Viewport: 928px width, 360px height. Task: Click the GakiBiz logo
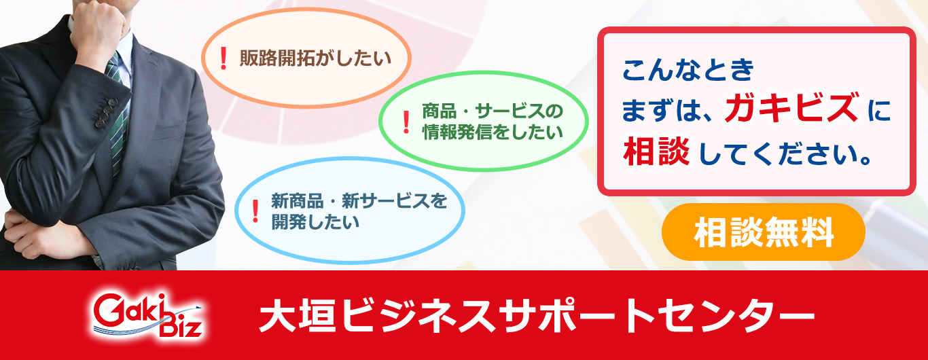tap(147, 316)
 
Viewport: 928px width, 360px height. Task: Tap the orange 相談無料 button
tap(763, 232)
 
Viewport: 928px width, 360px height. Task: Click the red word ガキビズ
tap(791, 108)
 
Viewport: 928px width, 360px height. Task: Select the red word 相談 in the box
tap(656, 151)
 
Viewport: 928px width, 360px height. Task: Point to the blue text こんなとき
tap(688, 69)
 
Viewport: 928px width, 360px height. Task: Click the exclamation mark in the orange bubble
tap(224, 58)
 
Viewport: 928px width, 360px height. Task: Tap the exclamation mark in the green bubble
tap(406, 122)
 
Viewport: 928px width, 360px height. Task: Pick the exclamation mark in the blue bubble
tap(255, 211)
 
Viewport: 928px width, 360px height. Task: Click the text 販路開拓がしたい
tap(315, 58)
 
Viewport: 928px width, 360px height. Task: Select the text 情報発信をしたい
tap(493, 132)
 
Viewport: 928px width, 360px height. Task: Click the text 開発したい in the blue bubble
tap(315, 222)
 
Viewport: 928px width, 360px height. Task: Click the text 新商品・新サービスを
tap(359, 201)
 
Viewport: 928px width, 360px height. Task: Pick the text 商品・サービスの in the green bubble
tap(493, 111)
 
